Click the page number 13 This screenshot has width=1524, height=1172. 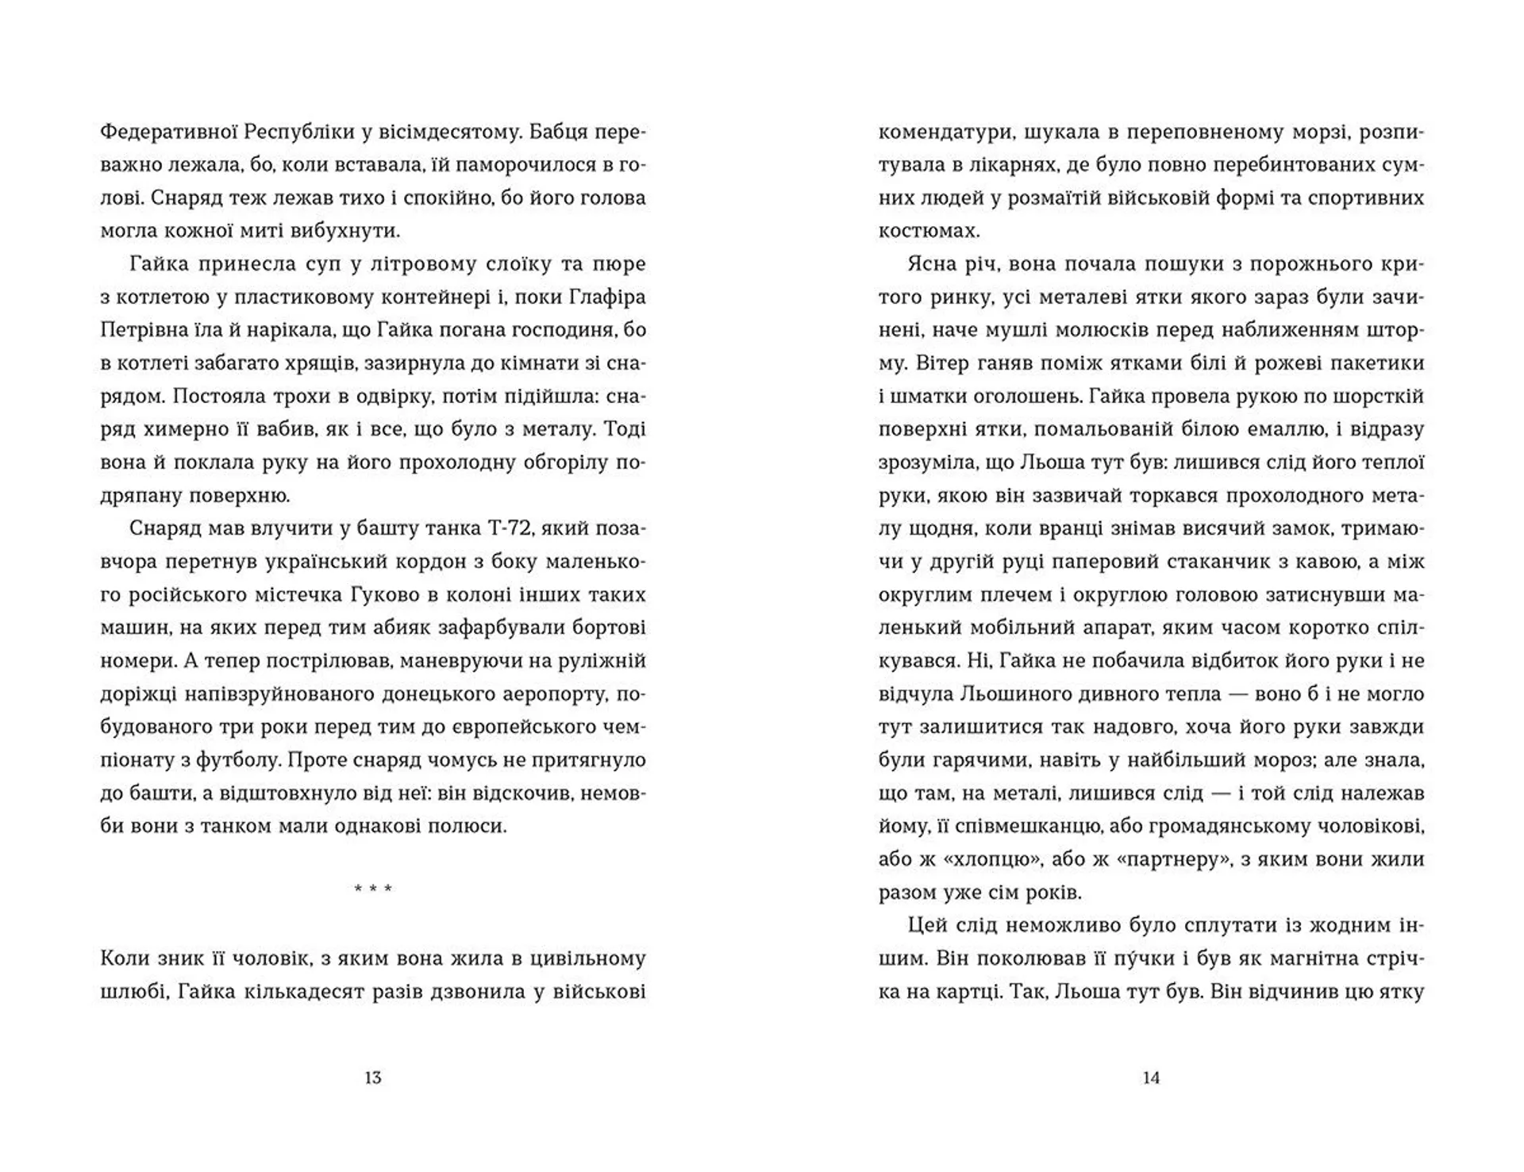(x=372, y=1078)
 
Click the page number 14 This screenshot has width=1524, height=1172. (x=1151, y=1078)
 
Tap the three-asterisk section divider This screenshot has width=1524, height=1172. (x=373, y=889)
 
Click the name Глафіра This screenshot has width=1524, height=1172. (x=607, y=297)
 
